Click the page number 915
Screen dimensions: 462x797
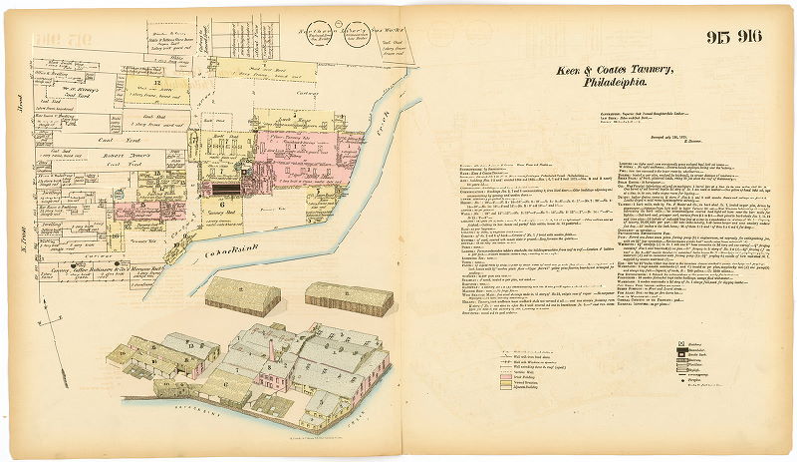720,39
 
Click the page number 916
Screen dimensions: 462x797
749,39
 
